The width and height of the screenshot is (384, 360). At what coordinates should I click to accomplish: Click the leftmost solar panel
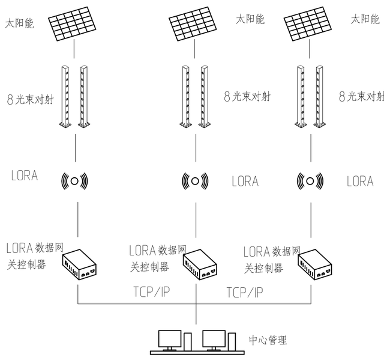coord(72,24)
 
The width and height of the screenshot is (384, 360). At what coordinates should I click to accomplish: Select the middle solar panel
coord(193,24)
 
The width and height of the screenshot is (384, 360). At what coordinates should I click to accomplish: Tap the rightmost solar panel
coord(308,24)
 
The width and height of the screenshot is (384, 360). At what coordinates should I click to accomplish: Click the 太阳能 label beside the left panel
coord(19,24)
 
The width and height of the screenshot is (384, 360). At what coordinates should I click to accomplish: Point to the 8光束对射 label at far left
coord(30,100)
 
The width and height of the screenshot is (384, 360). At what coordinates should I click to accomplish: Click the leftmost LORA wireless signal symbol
coord(74,182)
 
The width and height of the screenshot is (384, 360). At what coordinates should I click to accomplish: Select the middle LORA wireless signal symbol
coord(195,182)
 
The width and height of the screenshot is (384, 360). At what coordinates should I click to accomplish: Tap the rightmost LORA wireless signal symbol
coord(310,182)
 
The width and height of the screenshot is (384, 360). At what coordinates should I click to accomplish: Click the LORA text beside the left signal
coord(25,175)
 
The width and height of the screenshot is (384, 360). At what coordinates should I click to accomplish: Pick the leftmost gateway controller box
coord(79,265)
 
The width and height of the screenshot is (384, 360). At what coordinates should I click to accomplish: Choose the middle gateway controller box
coord(200,265)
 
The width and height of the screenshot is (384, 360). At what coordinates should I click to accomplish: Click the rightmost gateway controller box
coord(315,265)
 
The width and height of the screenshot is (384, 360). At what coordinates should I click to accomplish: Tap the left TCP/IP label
coord(152,291)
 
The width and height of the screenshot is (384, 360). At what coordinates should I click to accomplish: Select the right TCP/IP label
coord(245,292)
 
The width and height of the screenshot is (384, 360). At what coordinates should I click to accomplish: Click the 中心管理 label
coord(268,340)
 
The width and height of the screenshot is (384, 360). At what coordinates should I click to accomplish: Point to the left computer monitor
coord(170,340)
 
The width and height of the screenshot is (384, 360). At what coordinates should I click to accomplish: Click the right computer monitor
coord(214,340)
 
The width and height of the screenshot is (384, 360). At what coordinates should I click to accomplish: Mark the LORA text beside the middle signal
coord(245,182)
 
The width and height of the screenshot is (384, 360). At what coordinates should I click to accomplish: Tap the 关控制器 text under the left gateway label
coord(26,264)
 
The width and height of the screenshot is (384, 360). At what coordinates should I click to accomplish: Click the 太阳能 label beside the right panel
coord(365,19)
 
